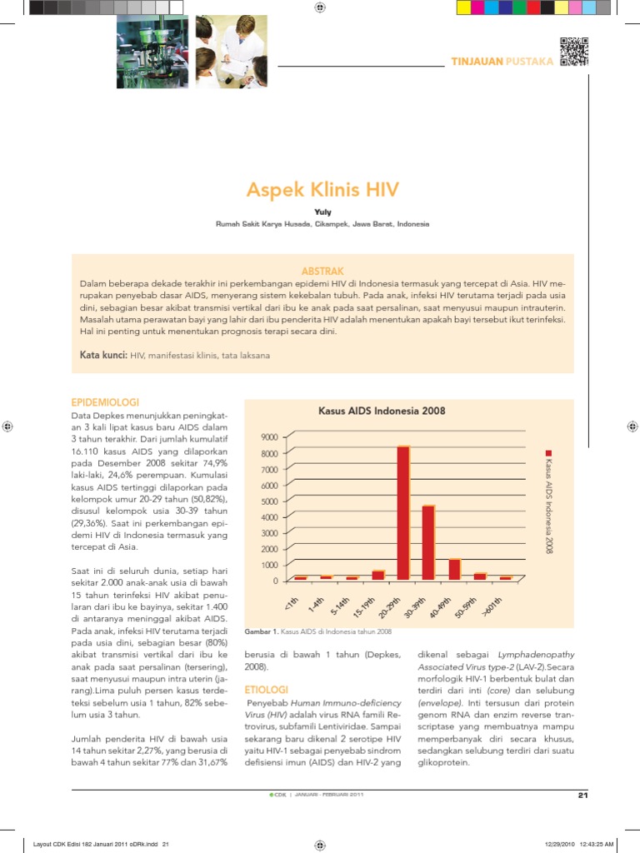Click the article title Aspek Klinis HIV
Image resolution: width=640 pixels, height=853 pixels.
point(322,189)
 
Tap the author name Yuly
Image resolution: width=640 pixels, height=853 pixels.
point(322,212)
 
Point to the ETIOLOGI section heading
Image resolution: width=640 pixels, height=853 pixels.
point(266,690)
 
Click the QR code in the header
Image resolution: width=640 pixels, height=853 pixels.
point(573,52)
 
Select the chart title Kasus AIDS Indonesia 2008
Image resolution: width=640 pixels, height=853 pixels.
point(382,411)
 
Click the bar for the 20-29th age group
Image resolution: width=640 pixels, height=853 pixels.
point(402,512)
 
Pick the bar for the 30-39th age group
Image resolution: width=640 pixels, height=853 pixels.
point(428,541)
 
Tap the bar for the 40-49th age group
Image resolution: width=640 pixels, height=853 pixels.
point(454,569)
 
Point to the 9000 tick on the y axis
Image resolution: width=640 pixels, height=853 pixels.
point(268,437)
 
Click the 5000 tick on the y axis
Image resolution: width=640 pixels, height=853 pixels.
point(268,501)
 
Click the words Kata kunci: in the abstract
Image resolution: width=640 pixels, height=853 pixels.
point(103,355)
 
